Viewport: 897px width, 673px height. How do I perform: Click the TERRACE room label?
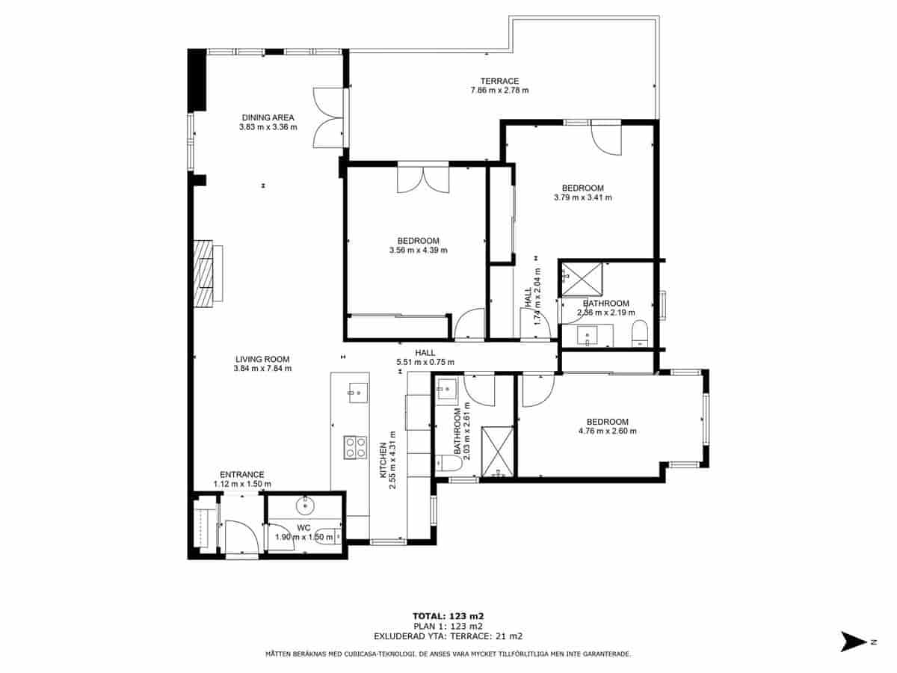tap(499, 81)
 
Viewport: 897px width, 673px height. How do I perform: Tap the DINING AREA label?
tap(268, 117)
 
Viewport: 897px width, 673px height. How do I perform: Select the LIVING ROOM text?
tap(262, 359)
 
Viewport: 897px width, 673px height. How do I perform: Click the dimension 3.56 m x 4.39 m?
tap(418, 251)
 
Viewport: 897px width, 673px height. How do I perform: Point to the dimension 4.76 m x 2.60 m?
tap(607, 431)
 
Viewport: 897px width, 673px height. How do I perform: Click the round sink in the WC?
tap(305, 506)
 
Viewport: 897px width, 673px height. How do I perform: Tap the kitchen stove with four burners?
tap(354, 447)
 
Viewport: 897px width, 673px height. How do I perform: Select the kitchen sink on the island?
tap(357, 390)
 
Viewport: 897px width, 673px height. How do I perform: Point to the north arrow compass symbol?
tap(852, 642)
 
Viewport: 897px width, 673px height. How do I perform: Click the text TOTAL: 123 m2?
tap(448, 616)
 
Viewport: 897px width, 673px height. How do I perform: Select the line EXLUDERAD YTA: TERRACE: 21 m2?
tap(448, 636)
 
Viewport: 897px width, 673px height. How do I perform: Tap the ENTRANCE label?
tap(241, 475)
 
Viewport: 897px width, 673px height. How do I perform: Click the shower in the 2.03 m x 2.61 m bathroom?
tap(496, 451)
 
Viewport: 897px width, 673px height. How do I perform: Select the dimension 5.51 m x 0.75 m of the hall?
tap(425, 363)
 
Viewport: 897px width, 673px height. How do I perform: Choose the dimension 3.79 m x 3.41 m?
tap(582, 198)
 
